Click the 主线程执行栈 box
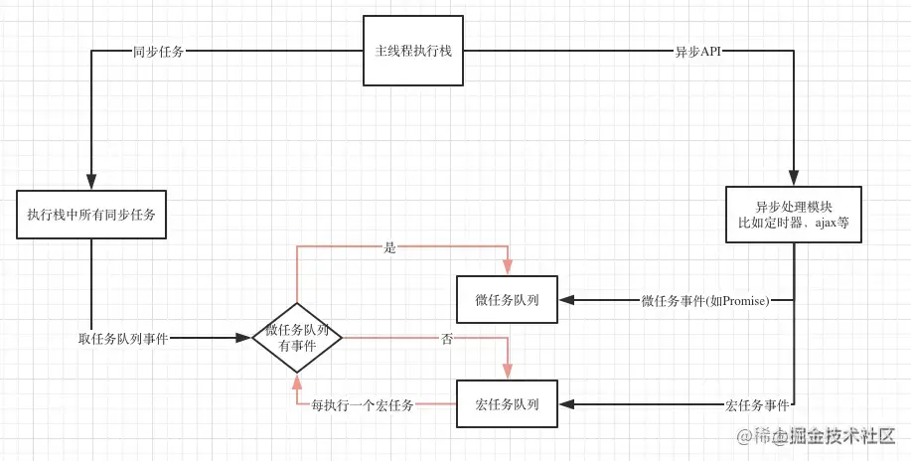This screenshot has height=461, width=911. point(412,51)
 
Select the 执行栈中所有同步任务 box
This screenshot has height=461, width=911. point(91,214)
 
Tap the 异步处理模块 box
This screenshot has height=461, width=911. point(793,215)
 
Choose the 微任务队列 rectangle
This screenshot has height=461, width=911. point(507,300)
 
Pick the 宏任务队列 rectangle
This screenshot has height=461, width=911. point(507,403)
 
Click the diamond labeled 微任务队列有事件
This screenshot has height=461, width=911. point(297,338)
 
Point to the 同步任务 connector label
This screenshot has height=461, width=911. point(158,51)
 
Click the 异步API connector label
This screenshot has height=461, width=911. point(697,51)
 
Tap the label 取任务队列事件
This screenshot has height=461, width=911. point(123,338)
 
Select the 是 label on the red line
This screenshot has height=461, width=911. point(389,247)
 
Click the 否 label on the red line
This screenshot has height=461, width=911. point(446,338)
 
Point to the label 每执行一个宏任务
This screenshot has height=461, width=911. point(362,404)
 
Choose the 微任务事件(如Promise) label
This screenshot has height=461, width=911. point(705,300)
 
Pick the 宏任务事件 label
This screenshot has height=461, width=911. point(757,404)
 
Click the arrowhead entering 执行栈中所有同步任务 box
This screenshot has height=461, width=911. point(91,183)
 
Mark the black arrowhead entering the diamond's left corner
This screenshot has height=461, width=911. point(243,338)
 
